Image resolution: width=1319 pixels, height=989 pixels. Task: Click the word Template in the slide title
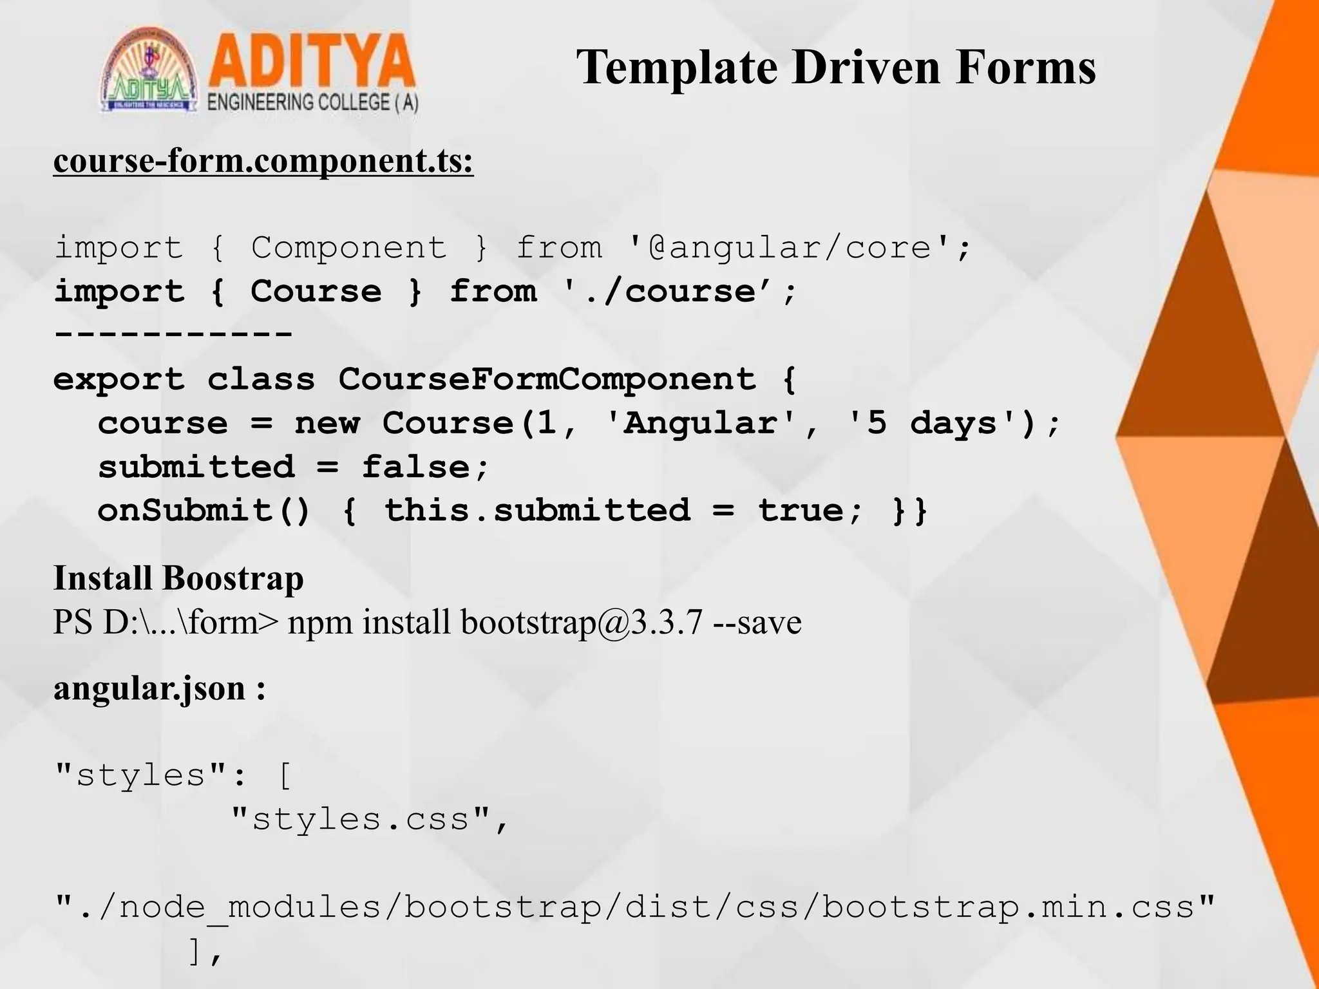(677, 68)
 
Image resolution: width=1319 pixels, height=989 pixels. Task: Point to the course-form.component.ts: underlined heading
(263, 161)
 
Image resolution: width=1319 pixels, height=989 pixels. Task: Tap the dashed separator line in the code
(173, 334)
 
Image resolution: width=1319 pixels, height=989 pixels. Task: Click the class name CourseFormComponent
(547, 379)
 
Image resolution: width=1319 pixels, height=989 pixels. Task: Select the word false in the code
(416, 467)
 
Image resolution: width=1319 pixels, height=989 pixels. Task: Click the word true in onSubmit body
(801, 511)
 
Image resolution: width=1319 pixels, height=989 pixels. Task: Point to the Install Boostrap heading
(178, 578)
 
